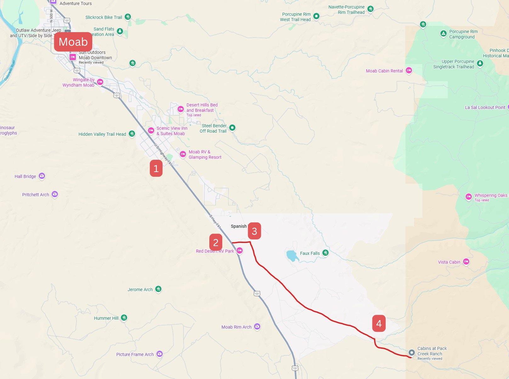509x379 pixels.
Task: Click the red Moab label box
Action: coord(73,42)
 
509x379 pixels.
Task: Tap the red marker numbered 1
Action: coord(156,168)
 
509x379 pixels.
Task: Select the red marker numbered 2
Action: coord(216,242)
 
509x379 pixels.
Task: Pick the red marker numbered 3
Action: coord(254,231)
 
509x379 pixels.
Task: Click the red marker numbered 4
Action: coord(379,323)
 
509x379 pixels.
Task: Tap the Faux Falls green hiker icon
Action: coord(325,253)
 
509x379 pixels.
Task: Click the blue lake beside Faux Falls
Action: coord(292,256)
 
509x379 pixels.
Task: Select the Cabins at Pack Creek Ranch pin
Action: coord(411,353)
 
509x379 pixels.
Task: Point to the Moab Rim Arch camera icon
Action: coord(257,326)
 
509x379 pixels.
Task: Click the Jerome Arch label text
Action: coord(140,290)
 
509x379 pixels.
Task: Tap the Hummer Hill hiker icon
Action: coord(124,318)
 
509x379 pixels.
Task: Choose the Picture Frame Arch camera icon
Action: coord(160,354)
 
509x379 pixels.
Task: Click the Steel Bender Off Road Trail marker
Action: coord(232,128)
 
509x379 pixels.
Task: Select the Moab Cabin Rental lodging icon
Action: coord(409,70)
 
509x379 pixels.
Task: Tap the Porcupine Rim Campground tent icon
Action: coord(443,33)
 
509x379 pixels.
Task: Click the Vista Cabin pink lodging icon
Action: coord(466,261)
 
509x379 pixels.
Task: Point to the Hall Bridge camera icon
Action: coord(42,176)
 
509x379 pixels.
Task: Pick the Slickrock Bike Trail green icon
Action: coord(127,17)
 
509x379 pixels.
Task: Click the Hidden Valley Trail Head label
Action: coord(102,134)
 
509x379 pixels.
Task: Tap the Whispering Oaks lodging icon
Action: coord(469,197)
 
